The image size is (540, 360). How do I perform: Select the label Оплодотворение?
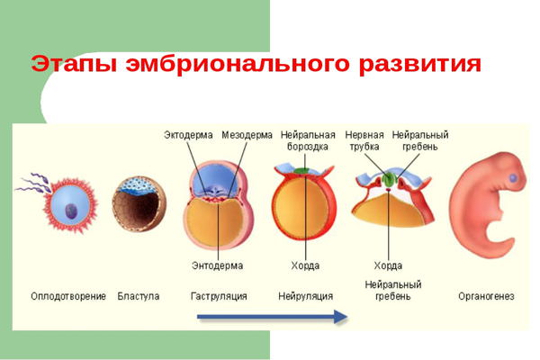(68, 296)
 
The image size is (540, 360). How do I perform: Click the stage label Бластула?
(139, 296)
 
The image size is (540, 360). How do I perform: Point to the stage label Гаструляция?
(219, 296)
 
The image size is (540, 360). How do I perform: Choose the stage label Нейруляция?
(306, 296)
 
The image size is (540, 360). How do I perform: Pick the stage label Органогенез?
(486, 296)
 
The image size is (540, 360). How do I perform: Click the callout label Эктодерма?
(189, 135)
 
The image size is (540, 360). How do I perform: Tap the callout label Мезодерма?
(247, 135)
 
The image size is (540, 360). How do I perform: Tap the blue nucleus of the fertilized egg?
(69, 211)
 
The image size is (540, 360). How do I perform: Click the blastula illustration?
(138, 202)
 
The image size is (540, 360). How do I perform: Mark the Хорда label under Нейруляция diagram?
(305, 265)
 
